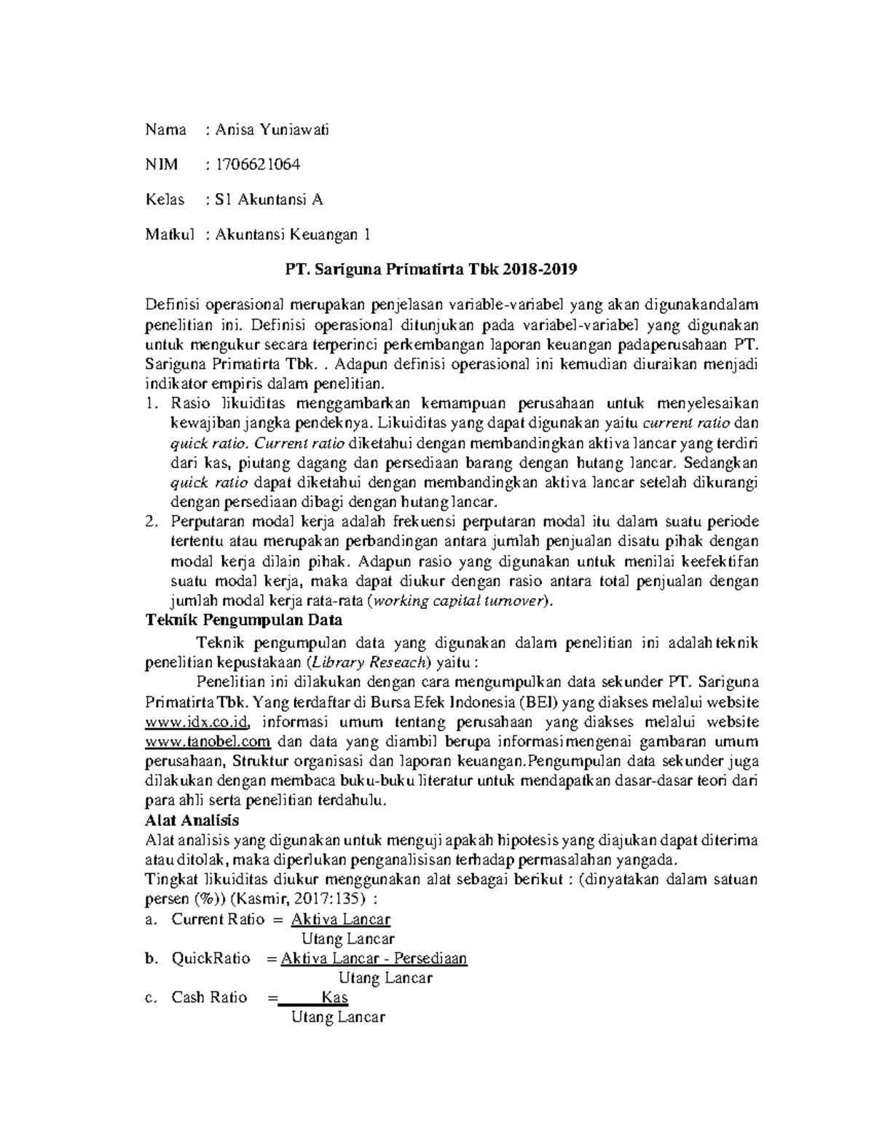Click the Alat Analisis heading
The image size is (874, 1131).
click(x=193, y=820)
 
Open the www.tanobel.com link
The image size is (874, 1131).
click(x=208, y=742)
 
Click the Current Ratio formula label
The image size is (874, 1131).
click(x=218, y=919)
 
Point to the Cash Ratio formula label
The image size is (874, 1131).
click(x=210, y=998)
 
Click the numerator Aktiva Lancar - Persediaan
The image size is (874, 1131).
click(x=374, y=958)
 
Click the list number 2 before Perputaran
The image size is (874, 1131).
click(x=151, y=522)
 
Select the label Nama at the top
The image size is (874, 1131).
click(x=165, y=130)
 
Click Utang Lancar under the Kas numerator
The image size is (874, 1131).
click(x=337, y=1017)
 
